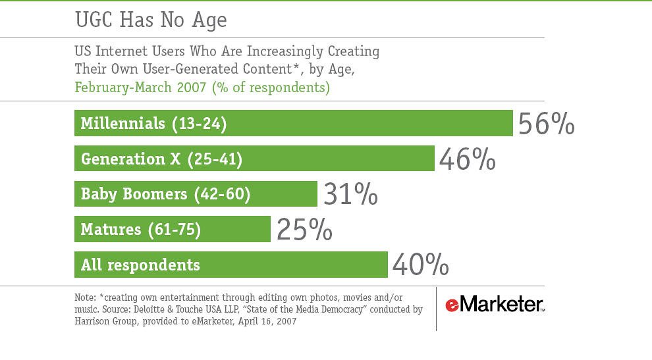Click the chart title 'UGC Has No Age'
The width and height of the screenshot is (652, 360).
point(151,20)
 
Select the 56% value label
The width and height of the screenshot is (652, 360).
point(546,124)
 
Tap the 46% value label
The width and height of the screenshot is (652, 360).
point(467,159)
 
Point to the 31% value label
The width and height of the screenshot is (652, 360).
point(350,195)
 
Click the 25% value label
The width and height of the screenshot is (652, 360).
point(304,230)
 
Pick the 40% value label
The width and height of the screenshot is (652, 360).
point(421,266)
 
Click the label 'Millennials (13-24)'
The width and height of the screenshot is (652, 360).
point(153,123)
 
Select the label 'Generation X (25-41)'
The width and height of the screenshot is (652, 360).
point(161,159)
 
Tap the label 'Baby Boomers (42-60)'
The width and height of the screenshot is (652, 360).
point(165,194)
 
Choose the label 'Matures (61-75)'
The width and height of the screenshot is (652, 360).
point(140,230)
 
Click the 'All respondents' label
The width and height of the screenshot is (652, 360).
point(140,265)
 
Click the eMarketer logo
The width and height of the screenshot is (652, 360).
point(495,305)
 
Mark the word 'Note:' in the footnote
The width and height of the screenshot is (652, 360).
point(85,297)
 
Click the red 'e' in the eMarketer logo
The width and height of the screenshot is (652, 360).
point(451,305)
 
